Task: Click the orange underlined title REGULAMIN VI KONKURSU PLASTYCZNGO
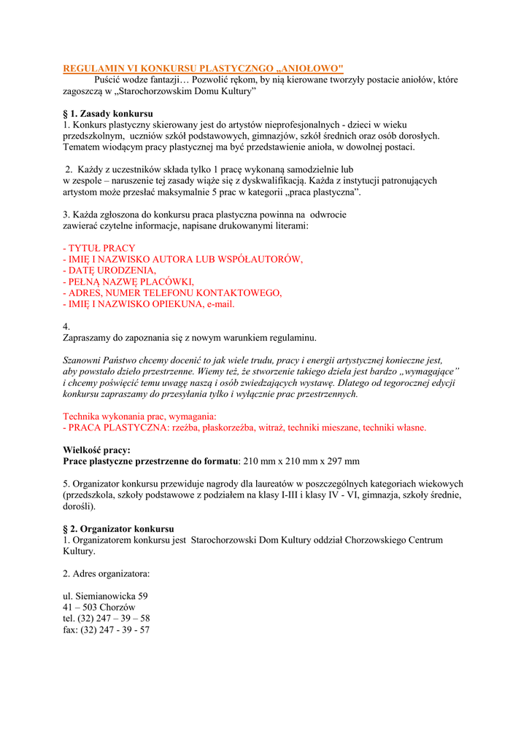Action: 203,68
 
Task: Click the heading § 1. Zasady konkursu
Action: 108,114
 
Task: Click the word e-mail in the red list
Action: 221,304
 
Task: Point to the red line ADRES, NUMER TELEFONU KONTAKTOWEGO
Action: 172,293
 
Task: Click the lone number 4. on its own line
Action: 66,327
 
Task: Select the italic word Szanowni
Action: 83,360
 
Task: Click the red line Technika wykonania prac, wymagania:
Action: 139,416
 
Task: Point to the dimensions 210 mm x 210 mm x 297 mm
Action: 301,461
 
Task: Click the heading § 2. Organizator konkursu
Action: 118,528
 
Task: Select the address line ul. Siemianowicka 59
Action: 105,596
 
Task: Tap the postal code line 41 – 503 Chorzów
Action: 99,607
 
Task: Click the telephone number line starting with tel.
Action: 107,618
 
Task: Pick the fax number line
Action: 107,630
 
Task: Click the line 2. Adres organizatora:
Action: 107,573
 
